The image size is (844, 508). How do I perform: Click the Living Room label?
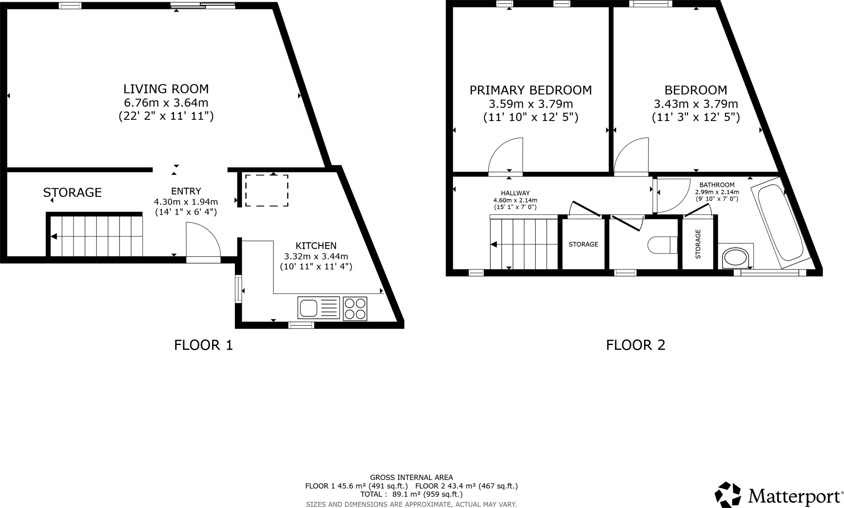coord(166,89)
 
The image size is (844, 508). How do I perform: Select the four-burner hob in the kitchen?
coord(355,308)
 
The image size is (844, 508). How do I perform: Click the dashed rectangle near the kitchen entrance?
coord(267,190)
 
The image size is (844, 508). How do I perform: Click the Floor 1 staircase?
coord(96,236)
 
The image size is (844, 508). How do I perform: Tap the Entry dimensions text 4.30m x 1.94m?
coord(186,202)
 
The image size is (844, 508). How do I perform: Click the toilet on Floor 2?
coord(662,245)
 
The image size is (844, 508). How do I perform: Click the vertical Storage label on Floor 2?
coord(698,244)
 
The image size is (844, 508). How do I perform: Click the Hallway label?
coord(515,193)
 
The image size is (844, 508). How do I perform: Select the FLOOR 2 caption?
coord(635,345)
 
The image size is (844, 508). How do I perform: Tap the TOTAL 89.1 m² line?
coord(411,494)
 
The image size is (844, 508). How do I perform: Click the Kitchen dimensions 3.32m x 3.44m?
coord(316,256)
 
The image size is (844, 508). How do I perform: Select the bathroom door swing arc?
coord(673,196)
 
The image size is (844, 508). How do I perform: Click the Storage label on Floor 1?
coord(73,193)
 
